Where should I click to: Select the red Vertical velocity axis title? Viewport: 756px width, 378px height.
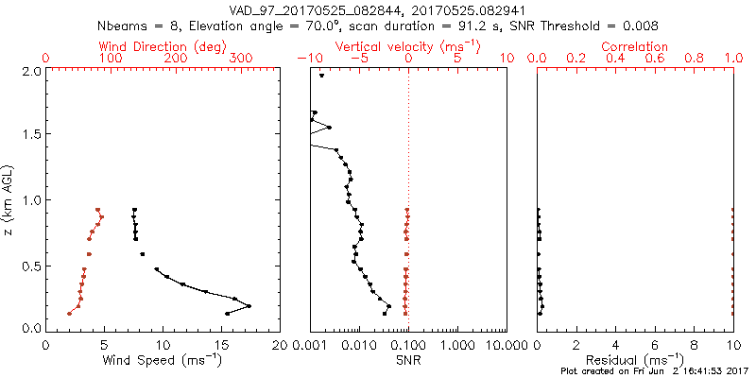click(x=407, y=46)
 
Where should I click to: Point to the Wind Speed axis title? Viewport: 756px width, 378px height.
click(x=163, y=360)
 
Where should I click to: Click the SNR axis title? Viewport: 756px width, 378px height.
click(x=407, y=360)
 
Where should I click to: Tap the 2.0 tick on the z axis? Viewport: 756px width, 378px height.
click(x=30, y=71)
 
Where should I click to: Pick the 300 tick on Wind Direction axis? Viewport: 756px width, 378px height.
click(x=241, y=59)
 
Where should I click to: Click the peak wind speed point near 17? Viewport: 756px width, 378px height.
click(x=249, y=306)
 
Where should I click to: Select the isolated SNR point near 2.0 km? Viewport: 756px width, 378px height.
click(x=322, y=77)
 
